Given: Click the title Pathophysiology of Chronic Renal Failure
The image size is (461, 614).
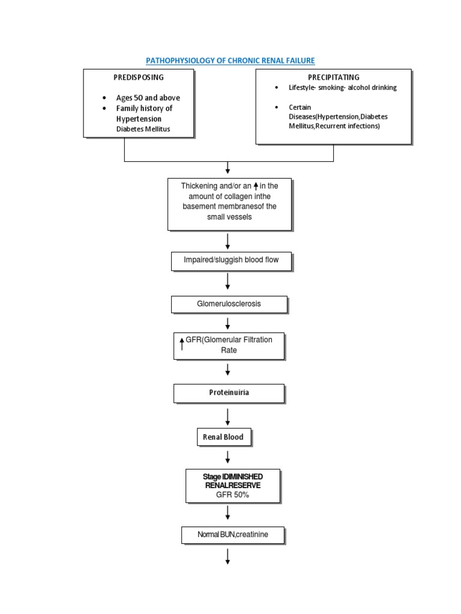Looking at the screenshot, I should point(230,61).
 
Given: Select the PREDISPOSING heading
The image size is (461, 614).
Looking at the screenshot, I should point(139,77).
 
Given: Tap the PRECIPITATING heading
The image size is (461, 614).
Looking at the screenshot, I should point(334,77).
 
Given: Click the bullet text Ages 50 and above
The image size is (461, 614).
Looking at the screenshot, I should point(148,98).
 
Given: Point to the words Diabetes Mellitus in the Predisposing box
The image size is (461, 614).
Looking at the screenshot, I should point(144,129).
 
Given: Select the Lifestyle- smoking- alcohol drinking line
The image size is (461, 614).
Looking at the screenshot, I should point(343,88).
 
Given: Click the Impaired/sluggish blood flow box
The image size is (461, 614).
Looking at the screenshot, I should point(231,261).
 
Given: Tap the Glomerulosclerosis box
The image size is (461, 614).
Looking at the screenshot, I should point(229,304).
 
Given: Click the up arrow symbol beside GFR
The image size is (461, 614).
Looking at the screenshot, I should point(182,344).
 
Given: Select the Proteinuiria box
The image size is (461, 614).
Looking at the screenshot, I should point(229,393).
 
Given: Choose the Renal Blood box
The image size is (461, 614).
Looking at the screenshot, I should point(223,437).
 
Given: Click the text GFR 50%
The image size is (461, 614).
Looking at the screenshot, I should point(233,495).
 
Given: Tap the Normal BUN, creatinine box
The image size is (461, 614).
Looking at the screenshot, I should point(233,534).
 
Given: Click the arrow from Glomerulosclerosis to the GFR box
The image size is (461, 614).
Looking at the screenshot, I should point(228,324).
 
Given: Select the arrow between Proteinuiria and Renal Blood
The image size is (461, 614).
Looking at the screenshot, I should point(228,416).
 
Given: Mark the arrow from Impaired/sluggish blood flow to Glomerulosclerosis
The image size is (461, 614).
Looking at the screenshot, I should point(228,281).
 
